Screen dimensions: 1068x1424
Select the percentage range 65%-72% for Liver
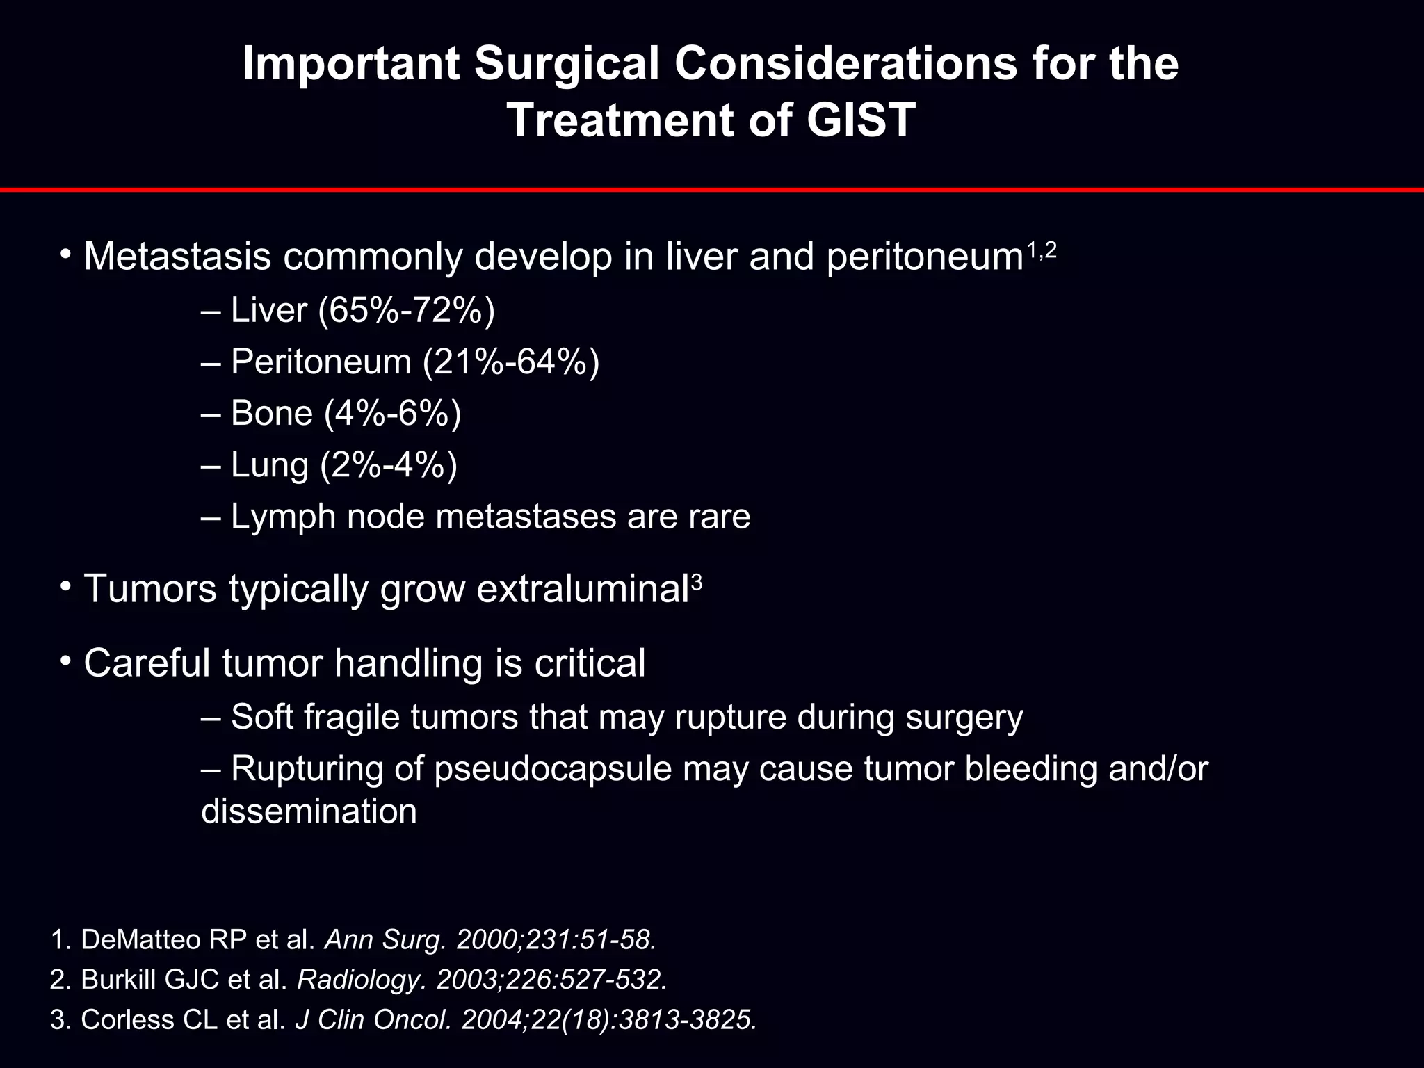click(407, 310)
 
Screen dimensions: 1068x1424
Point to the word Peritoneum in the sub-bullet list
click(321, 362)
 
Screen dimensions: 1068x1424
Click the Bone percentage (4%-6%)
click(393, 413)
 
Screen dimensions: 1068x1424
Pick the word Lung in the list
click(269, 464)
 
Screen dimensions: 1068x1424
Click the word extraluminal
click(583, 589)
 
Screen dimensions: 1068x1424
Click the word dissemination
click(309, 811)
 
